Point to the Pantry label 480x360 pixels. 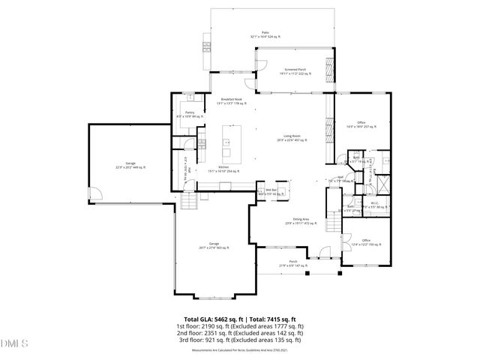[x=190, y=114]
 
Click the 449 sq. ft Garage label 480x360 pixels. [x=130, y=165]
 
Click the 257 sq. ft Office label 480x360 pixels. [x=361, y=124]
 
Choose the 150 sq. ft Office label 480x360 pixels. [x=366, y=241]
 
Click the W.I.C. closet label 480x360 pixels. [x=375, y=204]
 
